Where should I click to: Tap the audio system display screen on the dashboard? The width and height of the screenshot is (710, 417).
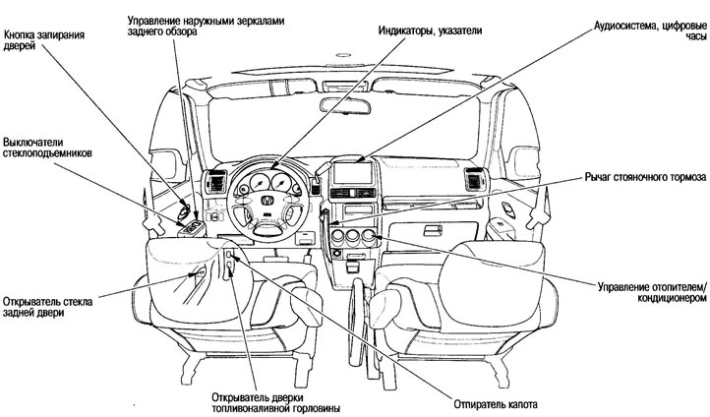coord(356,174)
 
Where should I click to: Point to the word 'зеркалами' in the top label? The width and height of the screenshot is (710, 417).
coord(249,20)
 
